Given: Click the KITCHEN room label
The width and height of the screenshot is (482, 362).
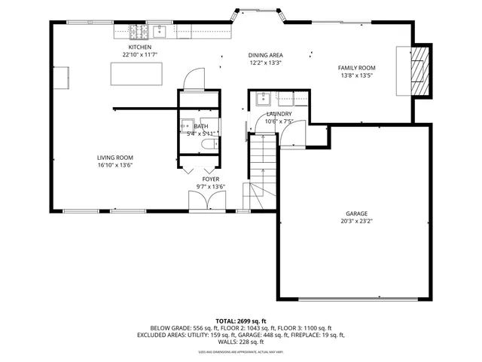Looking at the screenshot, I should (x=139, y=48).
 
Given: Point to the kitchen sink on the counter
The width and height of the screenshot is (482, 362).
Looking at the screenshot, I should (x=160, y=31).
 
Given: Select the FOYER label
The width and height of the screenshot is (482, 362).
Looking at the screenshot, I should (x=200, y=179).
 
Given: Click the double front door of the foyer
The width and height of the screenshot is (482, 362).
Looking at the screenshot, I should (x=206, y=200).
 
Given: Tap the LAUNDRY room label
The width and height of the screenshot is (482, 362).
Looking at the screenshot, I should (x=278, y=114).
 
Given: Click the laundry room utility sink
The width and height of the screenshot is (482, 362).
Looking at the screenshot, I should (x=264, y=98).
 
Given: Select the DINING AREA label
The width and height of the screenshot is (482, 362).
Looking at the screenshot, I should (x=265, y=55).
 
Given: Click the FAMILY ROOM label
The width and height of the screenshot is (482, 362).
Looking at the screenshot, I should (x=356, y=68).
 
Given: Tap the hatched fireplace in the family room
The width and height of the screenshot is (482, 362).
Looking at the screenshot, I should (x=418, y=72).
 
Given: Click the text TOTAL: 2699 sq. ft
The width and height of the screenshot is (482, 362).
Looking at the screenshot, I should (x=241, y=321).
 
